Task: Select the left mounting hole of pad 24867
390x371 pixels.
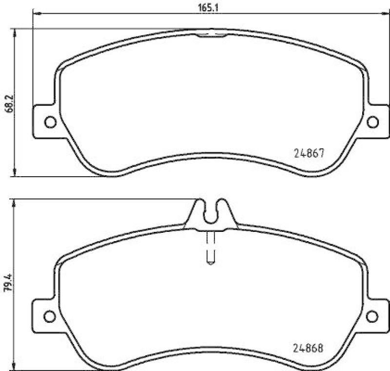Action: click(49, 122)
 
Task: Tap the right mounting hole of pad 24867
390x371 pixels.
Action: click(373, 122)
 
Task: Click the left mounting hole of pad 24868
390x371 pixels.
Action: click(49, 316)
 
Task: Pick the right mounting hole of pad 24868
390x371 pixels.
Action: click(373, 316)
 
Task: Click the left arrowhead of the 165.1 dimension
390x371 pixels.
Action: click(36, 15)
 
